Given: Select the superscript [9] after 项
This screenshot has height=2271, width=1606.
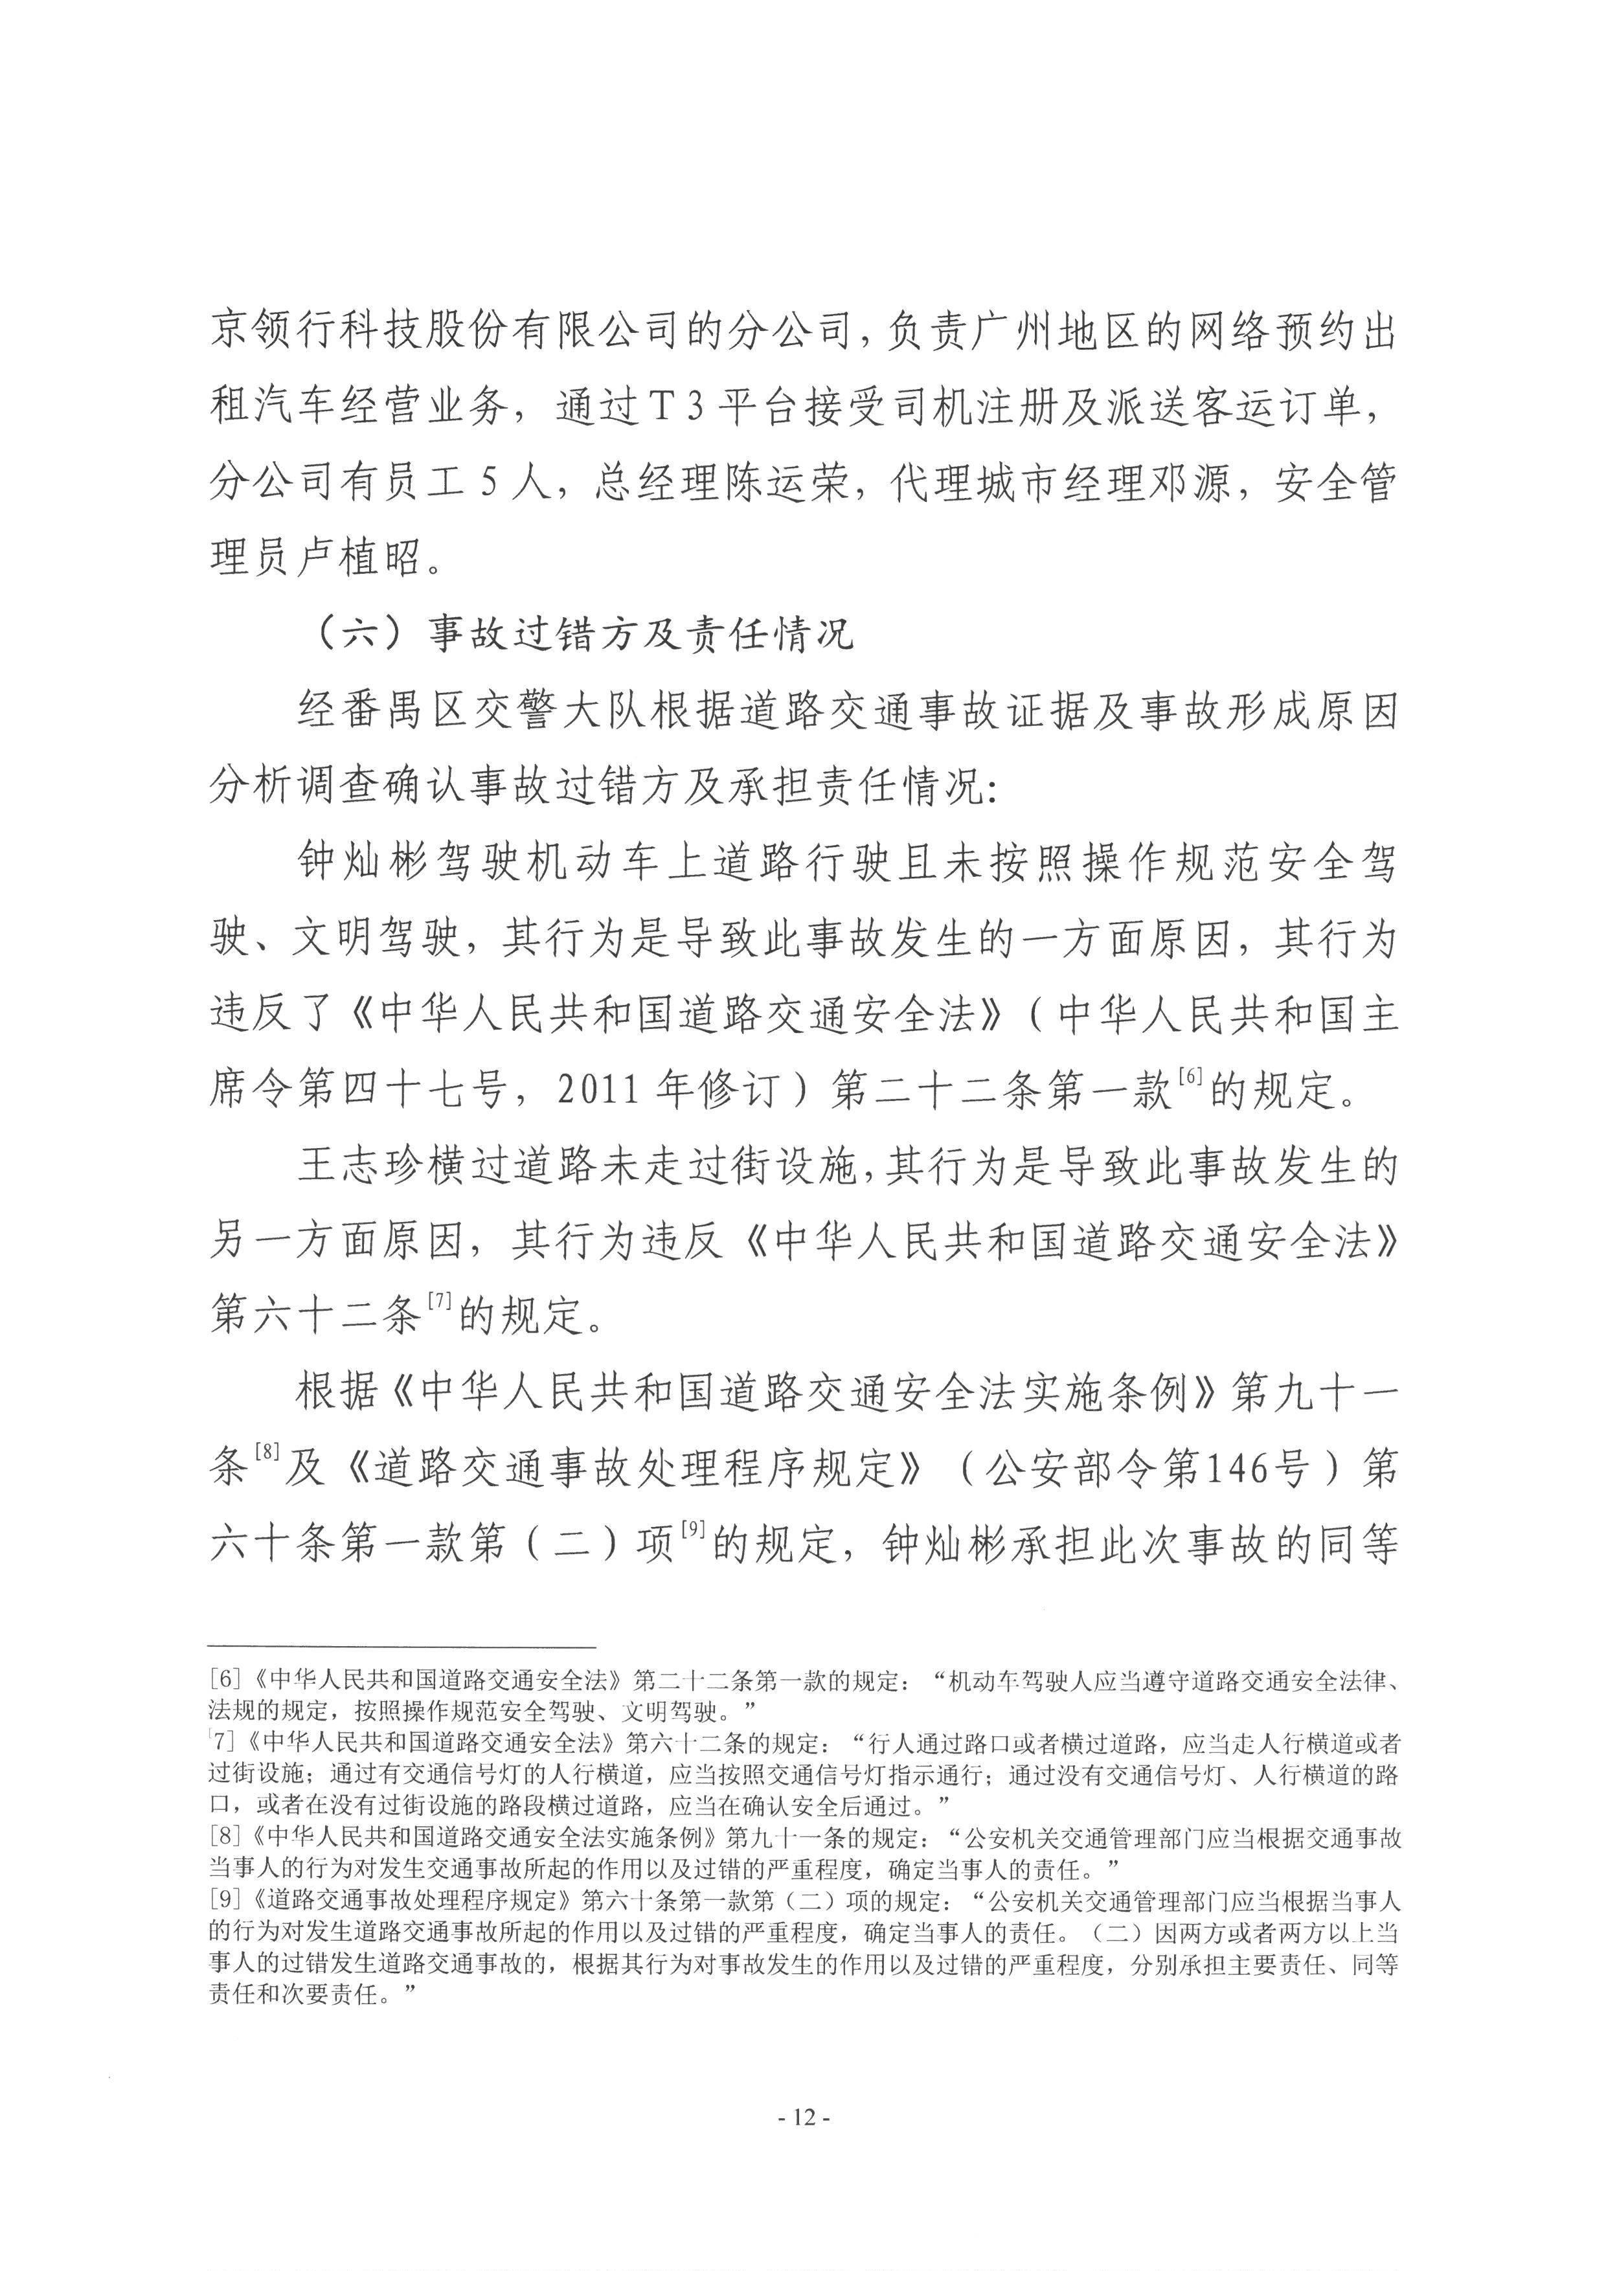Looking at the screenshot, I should pyautogui.click(x=692, y=1529).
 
